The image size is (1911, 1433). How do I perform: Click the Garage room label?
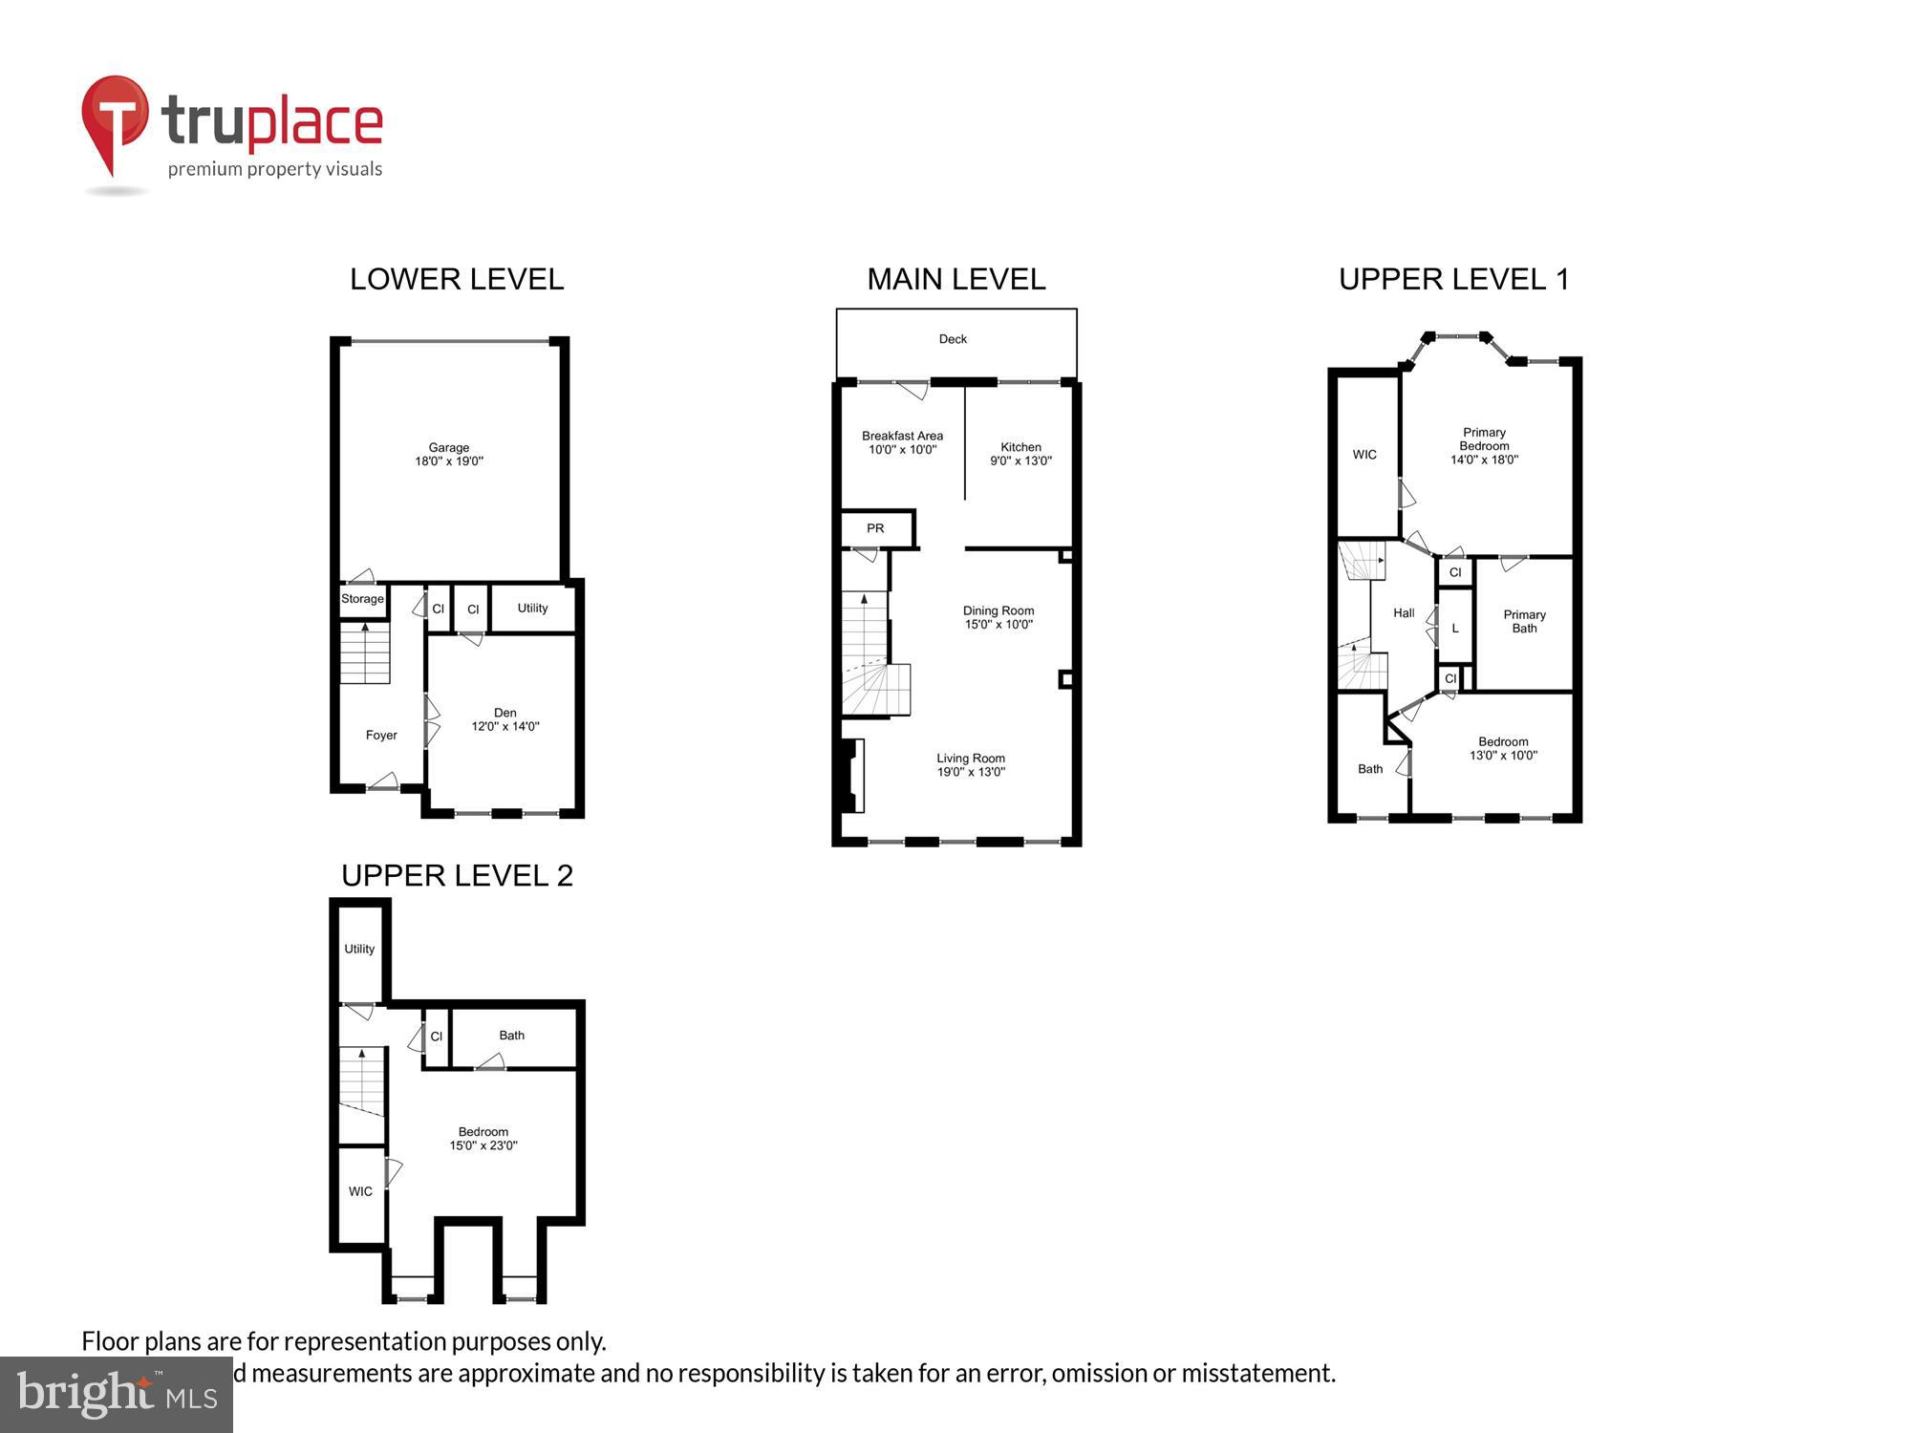pos(448,447)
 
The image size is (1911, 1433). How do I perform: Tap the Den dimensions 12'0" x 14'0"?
pos(505,726)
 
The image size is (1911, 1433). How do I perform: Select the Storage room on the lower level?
pos(362,599)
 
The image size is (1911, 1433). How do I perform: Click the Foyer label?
pos(381,735)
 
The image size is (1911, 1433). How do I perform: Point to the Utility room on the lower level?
pos(532,608)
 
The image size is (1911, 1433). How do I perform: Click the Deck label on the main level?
pos(953,339)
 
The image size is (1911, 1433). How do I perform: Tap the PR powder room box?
pos(875,528)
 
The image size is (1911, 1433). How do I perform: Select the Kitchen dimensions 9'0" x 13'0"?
pos(1020,460)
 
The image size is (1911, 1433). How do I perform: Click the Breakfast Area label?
pos(902,436)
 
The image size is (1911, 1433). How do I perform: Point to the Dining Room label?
pos(998,610)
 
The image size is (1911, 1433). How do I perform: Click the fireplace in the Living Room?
pos(850,775)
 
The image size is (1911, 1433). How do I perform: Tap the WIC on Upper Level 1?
pos(1364,455)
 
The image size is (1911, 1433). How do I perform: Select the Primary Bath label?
pos(1524,621)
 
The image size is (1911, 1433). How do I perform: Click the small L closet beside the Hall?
pos(1454,628)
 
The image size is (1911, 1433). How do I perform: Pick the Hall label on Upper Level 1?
pos(1404,613)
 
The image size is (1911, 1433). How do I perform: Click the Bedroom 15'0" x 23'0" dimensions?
pos(483,1145)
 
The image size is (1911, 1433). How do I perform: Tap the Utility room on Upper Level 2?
pos(359,949)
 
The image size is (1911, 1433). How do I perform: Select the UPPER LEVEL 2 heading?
pos(457,875)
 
